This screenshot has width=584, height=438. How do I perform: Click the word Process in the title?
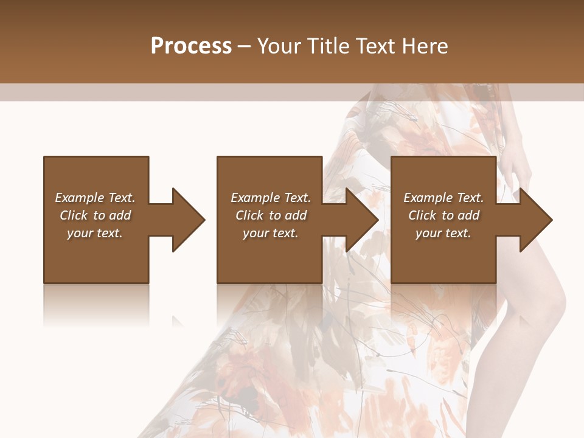[191, 46]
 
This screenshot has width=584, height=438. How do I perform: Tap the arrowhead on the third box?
[536, 220]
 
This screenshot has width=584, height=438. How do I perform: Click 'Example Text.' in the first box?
[95, 198]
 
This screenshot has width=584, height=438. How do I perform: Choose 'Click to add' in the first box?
[95, 215]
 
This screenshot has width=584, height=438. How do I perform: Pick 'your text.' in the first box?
[95, 233]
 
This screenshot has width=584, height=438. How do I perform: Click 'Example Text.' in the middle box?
[271, 198]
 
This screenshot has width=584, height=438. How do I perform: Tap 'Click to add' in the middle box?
[271, 215]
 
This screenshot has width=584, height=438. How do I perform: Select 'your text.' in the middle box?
[271, 233]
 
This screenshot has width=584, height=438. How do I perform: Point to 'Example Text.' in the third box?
[443, 198]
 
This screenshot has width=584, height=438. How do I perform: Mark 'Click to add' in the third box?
[443, 215]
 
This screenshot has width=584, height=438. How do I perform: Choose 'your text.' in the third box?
[443, 233]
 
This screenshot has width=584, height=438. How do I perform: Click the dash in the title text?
[244, 47]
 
